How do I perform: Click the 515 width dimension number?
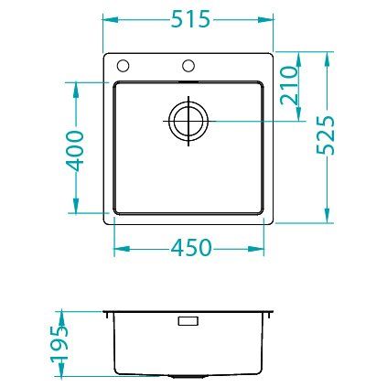pos(190,19)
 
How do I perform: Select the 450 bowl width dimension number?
pos(190,248)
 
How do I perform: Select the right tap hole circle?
pos(188,66)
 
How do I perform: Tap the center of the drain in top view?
pos(188,121)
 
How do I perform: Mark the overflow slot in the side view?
pos(188,321)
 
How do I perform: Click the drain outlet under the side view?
pos(188,376)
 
